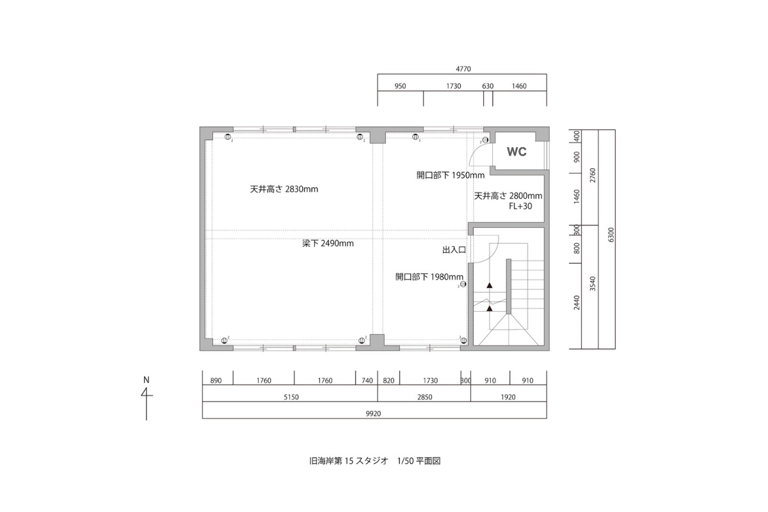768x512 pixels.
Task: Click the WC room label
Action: point(516,152)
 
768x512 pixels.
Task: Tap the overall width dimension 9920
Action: point(373,413)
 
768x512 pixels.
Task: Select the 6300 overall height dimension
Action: point(611,235)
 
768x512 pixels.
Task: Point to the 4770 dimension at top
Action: point(463,69)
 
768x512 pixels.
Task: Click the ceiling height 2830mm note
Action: point(284,189)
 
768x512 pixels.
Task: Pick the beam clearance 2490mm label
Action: point(328,243)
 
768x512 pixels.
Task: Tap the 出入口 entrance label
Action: point(454,250)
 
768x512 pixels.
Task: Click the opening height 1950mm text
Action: point(451,175)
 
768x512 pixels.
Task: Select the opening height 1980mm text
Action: point(429,276)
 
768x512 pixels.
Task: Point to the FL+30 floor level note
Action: point(520,206)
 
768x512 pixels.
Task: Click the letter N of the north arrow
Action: point(147,380)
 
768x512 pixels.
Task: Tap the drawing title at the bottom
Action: point(375,461)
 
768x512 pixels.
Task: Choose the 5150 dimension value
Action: point(291,397)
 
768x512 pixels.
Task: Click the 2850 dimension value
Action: point(424,397)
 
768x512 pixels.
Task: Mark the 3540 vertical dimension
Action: point(593,284)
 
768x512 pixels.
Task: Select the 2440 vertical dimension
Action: point(577,303)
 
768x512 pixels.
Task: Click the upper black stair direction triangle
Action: point(490,285)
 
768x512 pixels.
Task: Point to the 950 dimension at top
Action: point(400,86)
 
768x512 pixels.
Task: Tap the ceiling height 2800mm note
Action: point(508,196)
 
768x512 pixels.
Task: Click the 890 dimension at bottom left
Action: point(216,381)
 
